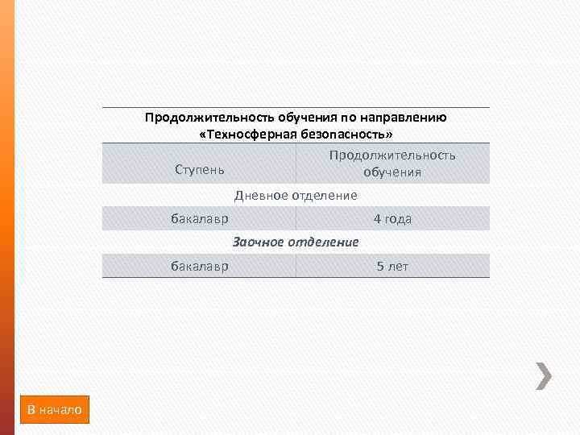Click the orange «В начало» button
(x=55, y=410)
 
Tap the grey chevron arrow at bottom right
(x=545, y=375)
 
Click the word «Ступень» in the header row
(x=200, y=171)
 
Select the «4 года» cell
(x=392, y=218)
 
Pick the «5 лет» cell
(x=392, y=266)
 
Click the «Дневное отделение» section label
(x=296, y=195)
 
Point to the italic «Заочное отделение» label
(x=296, y=242)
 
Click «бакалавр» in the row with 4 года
(x=199, y=218)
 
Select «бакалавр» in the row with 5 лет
(x=199, y=266)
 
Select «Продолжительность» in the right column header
(x=392, y=155)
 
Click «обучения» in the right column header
(x=392, y=172)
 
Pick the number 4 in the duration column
(x=376, y=218)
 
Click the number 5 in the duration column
(x=380, y=266)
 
